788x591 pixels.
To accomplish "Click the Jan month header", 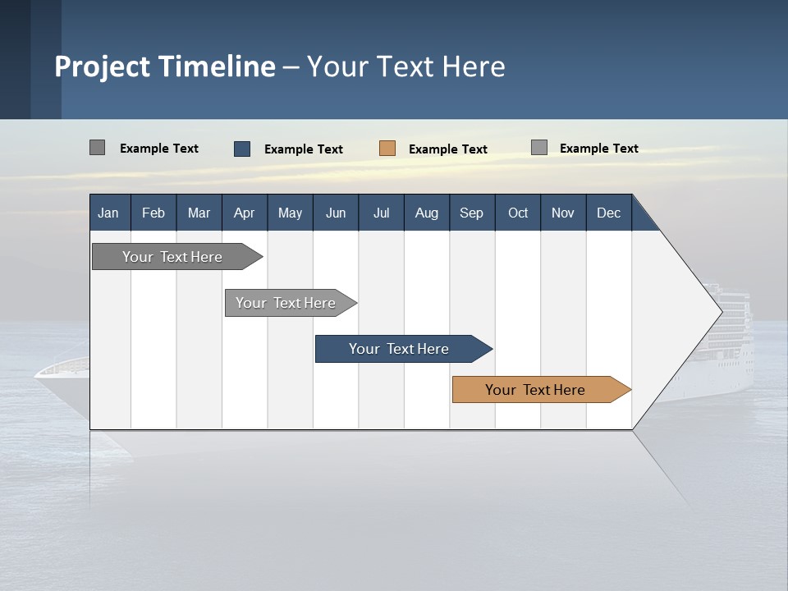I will (108, 213).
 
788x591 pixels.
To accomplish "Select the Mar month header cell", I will (199, 213).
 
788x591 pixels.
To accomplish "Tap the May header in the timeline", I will (290, 213).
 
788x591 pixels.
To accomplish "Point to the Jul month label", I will (381, 213).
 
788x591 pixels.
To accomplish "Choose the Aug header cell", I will (426, 213).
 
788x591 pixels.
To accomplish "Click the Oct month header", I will (517, 213).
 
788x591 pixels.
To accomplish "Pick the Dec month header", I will (608, 213).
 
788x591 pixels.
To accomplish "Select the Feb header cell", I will (153, 213).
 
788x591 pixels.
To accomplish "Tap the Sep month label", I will (471, 213).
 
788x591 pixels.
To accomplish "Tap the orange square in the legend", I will (387, 149).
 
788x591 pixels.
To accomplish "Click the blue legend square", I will (242, 149).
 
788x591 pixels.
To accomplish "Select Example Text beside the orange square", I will (447, 149).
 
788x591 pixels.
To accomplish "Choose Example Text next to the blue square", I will (303, 149).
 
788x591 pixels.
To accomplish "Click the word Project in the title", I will (103, 66).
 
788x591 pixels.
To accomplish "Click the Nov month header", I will (562, 213).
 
